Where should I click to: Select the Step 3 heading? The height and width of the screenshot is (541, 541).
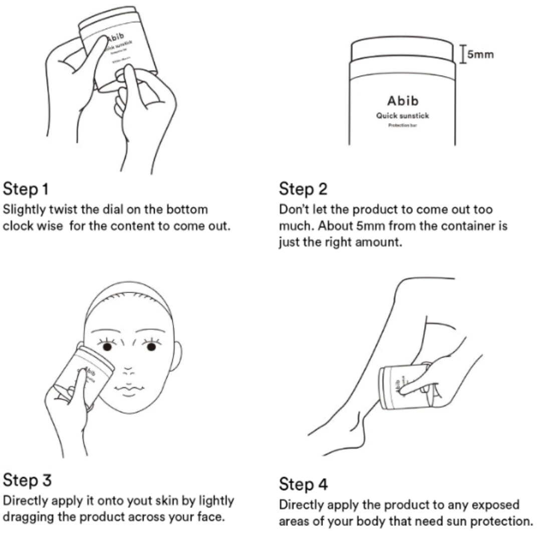click(x=27, y=480)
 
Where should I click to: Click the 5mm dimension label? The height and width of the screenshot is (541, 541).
click(x=480, y=54)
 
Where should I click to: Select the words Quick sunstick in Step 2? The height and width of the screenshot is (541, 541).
click(x=403, y=116)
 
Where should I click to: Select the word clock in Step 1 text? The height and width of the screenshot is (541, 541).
click(x=18, y=225)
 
